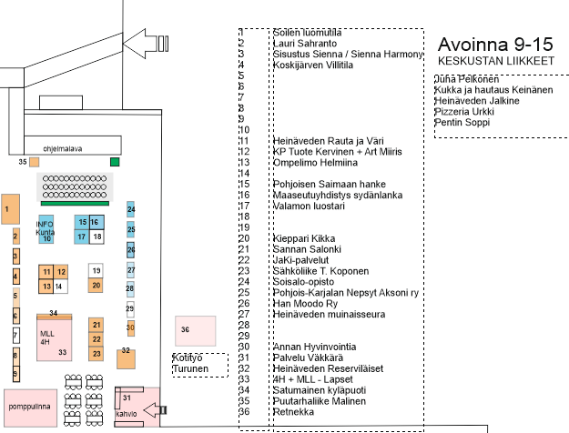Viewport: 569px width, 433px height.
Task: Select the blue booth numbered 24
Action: (131, 210)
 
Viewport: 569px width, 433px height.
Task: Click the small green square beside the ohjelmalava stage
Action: (115, 162)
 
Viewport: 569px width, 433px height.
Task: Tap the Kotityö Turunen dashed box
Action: (198, 364)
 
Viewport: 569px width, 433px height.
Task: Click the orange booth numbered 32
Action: (127, 355)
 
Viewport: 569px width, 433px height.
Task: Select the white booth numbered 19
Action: (96, 270)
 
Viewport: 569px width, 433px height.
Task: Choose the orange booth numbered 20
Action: (96, 285)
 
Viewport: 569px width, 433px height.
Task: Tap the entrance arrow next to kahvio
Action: (145, 410)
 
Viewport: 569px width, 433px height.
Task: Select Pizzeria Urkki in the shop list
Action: (464, 111)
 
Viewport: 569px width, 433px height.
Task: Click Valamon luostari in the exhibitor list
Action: (309, 206)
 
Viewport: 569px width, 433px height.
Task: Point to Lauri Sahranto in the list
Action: (305, 43)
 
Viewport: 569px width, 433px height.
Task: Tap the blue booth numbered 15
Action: (82, 222)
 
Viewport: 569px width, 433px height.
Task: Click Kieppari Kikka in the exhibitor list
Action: (306, 238)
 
